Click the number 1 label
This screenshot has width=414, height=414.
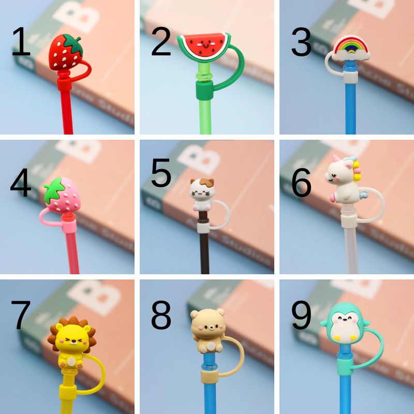coord(21,43)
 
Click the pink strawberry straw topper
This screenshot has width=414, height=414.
coord(63,195)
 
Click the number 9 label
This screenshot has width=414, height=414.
coord(301,315)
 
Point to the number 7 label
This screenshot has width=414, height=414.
coord(21,315)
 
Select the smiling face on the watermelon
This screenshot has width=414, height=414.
coord(203,43)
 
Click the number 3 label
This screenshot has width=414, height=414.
coord(301,43)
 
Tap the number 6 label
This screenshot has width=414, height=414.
coord(301,183)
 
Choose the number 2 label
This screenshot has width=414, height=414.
coord(161,43)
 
